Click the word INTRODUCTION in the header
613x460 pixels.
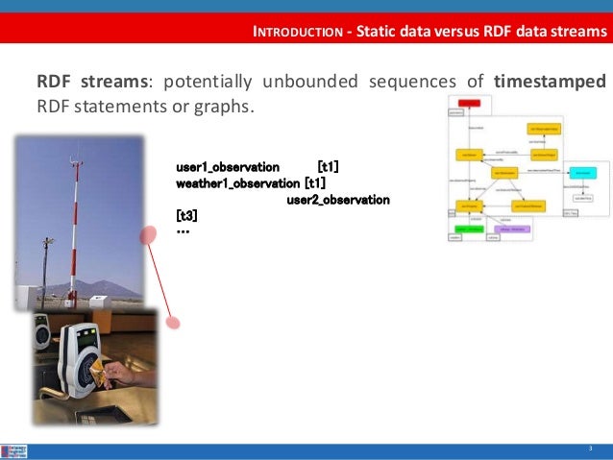[x=296, y=32]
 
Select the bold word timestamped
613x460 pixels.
[x=550, y=82]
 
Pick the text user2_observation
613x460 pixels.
[x=338, y=200]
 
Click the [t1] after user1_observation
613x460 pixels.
[x=328, y=167]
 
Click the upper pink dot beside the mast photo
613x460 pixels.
[x=149, y=234]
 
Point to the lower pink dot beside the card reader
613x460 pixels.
[x=173, y=322]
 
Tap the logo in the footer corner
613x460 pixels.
[x=14, y=450]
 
